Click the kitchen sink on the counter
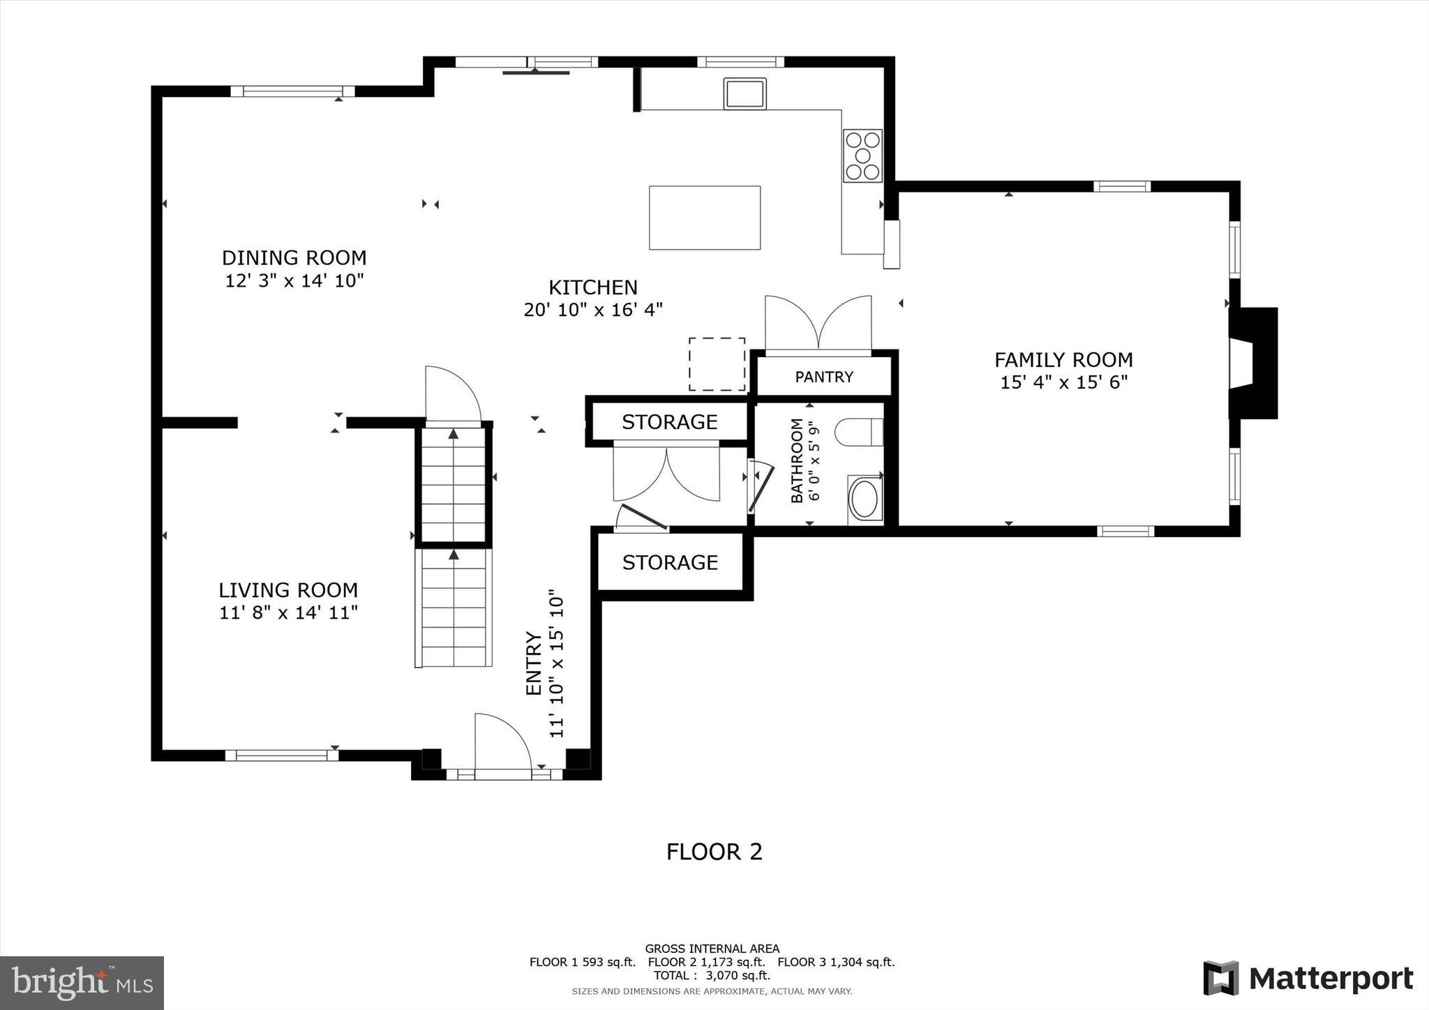coord(745,93)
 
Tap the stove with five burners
coord(862,156)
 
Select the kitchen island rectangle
coord(704,218)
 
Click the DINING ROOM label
coord(294,258)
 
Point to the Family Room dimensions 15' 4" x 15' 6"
coord(1063,382)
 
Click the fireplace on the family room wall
coord(1254,363)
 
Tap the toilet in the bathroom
coord(859,432)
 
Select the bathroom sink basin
coord(865,499)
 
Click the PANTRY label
coord(824,377)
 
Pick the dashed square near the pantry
coord(717,364)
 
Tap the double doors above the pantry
coord(818,324)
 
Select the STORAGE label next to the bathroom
coord(669,422)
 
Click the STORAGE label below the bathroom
coord(670,562)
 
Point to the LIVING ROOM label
coord(288,590)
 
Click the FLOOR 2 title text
coord(714,852)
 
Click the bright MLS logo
coord(82,983)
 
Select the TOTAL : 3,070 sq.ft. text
coord(712,975)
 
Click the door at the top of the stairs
coord(452,395)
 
